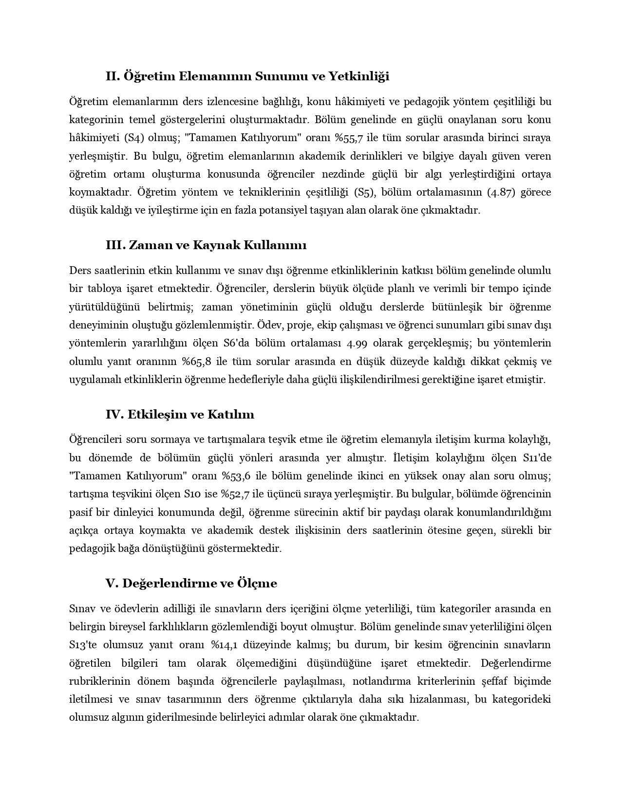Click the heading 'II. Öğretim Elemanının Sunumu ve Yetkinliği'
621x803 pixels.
[247, 76]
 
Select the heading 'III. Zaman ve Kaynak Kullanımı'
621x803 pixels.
[206, 245]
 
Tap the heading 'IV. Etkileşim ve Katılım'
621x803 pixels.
[180, 414]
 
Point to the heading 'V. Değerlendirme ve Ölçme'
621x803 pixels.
[191, 583]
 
